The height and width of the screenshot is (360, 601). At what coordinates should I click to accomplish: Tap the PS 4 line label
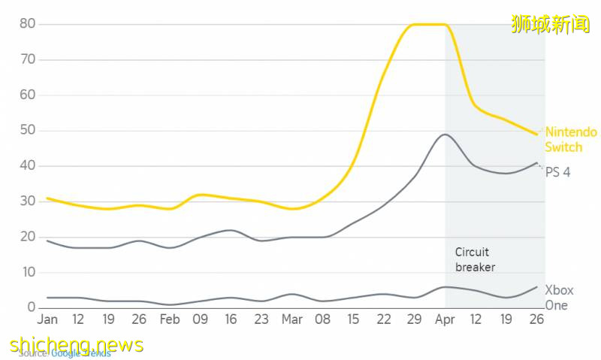tap(557, 172)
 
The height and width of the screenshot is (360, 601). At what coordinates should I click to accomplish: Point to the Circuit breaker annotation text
tap(475, 259)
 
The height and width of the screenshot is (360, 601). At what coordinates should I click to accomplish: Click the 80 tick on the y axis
tap(27, 24)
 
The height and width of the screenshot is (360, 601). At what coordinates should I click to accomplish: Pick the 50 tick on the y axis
tap(27, 130)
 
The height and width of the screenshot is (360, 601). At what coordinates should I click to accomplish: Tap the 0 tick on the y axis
tap(32, 307)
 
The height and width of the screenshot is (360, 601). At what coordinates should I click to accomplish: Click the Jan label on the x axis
tap(47, 319)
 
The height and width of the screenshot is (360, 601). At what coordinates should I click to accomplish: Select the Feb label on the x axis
tap(170, 319)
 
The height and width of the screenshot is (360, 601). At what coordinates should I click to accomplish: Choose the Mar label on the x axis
tap(292, 319)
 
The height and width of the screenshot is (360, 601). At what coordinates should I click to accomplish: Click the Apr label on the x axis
tap(445, 319)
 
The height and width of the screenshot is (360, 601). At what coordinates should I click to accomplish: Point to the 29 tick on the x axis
tap(414, 319)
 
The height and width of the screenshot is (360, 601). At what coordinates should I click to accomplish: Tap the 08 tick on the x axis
tap(322, 319)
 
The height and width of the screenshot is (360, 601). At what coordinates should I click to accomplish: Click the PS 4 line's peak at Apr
tap(445, 135)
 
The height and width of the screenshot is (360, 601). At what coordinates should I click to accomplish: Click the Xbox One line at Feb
tap(170, 304)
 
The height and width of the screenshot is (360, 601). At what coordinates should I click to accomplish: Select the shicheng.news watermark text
tap(77, 344)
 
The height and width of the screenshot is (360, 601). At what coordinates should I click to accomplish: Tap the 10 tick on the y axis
tap(27, 272)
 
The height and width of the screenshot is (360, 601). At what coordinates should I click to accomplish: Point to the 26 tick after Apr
tap(536, 319)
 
